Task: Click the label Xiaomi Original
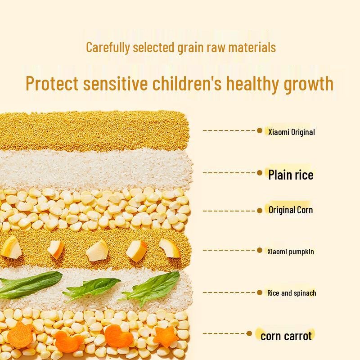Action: [x=291, y=132]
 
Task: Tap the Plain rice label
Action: [x=291, y=175]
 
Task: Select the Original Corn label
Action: [x=290, y=210]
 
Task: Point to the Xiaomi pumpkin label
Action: [x=290, y=252]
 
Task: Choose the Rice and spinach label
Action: [x=291, y=293]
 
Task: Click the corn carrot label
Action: [x=286, y=336]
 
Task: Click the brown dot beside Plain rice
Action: [x=260, y=173]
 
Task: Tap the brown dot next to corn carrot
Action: [x=249, y=333]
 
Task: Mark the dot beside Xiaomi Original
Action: [x=260, y=130]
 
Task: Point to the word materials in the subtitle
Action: [x=253, y=48]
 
